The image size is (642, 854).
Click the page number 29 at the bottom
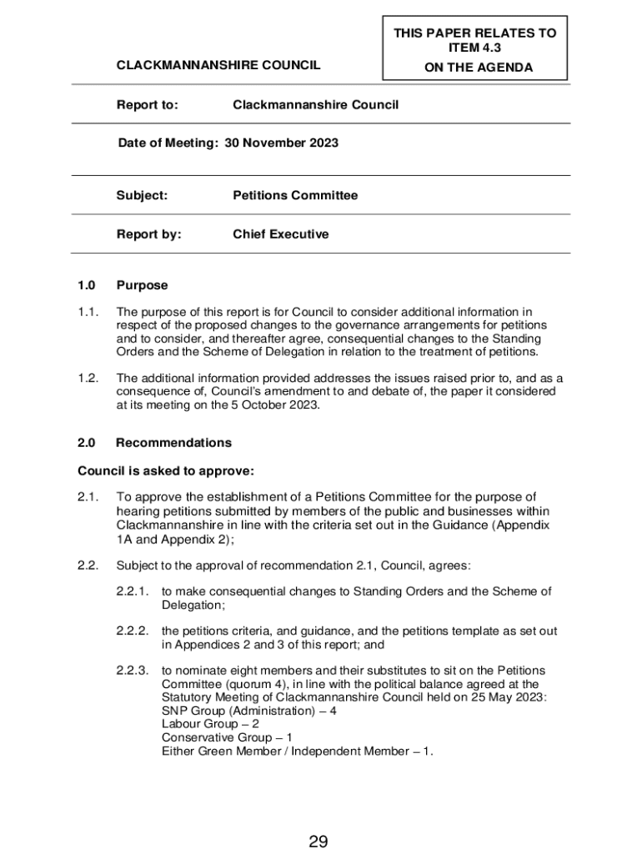[318, 841]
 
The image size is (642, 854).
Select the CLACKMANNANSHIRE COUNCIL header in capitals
[218, 65]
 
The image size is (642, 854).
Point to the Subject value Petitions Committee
[295, 195]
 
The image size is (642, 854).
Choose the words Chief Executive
[280, 234]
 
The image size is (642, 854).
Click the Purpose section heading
[142, 285]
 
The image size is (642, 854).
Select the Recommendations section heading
[173, 443]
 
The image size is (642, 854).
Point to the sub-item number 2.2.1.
[133, 591]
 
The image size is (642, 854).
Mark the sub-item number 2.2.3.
[133, 670]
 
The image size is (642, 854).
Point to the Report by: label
[148, 234]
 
